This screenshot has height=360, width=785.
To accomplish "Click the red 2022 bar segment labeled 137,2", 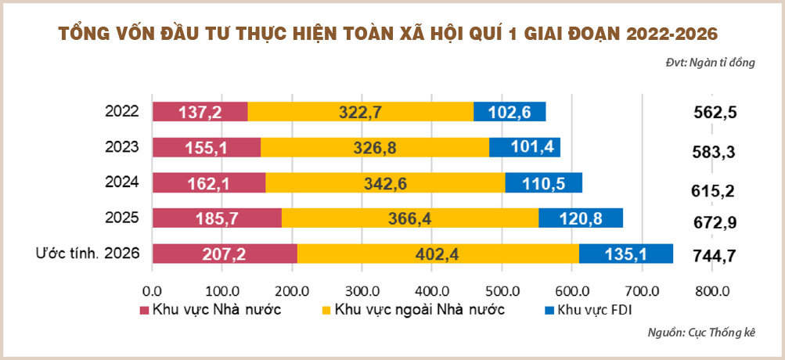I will pos(200,112).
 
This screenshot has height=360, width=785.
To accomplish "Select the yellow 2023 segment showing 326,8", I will pos(374,147).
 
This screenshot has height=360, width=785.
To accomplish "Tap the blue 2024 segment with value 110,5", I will pos(543,182).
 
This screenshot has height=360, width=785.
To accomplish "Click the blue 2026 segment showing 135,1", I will pos(626,254).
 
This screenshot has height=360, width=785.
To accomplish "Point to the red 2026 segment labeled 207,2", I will pos(225,254).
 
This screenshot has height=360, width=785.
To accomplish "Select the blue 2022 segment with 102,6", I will pos(510,112).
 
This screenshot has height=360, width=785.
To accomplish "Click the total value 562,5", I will pos(715,112).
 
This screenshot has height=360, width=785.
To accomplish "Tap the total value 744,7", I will pos(715,254).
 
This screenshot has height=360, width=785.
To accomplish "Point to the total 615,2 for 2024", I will pos(715,190).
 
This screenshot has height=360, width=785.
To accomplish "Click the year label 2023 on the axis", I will pos(121,146).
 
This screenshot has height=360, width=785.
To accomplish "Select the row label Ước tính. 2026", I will pos(88,253).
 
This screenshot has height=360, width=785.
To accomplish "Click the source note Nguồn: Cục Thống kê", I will pos(701,333).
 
